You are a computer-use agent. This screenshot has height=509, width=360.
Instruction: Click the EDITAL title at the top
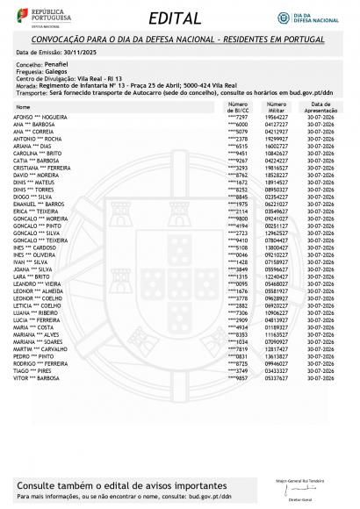click(x=179, y=18)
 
